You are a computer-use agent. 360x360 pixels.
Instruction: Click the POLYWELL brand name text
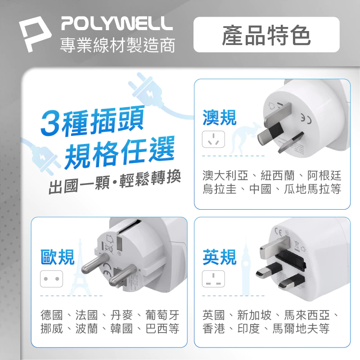pos(116,23)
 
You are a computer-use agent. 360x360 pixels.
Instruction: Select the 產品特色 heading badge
pos(266,35)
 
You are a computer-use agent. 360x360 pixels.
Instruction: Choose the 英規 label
pos(220,257)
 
